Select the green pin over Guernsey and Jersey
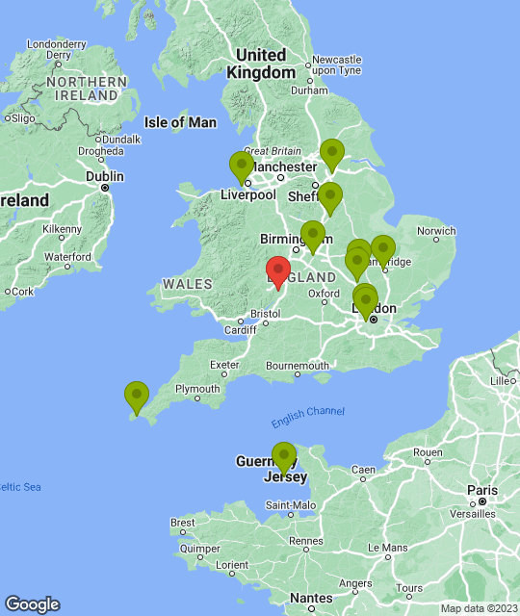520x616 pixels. point(283,457)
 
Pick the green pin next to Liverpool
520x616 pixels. point(242,167)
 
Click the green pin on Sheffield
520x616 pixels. point(329,197)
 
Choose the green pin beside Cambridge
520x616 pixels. point(382,250)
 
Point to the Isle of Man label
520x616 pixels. point(180,122)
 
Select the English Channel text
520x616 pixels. point(307,412)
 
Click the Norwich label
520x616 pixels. point(436,231)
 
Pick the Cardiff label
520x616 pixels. point(240,330)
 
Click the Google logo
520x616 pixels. point(32,604)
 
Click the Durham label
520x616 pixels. point(309,90)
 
